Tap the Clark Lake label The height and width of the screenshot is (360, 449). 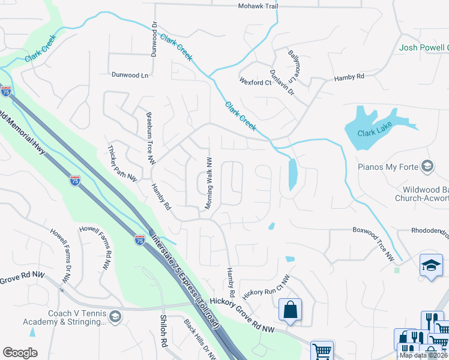[x=373, y=134]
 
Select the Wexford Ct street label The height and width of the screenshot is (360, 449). [x=255, y=82]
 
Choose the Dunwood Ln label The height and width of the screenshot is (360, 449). [x=130, y=75]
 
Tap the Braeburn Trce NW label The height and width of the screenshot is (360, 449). [x=150, y=137]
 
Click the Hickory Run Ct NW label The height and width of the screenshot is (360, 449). [x=266, y=287]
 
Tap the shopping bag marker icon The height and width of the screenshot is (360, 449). [x=290, y=310]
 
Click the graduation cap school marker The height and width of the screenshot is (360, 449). [x=431, y=265]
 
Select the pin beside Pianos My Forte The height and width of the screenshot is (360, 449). [x=427, y=166]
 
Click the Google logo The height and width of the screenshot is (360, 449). [x=20, y=352]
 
